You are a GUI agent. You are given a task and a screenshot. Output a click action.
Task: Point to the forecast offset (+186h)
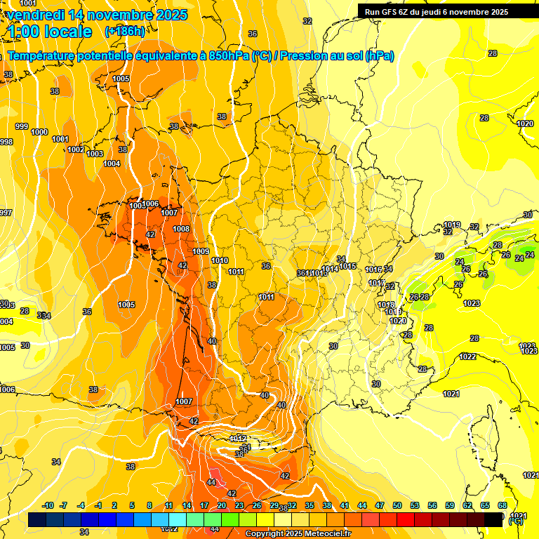pos(124,32)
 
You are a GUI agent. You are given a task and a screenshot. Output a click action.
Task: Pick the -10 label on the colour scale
pos(48,506)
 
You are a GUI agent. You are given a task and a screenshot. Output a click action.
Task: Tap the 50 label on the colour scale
pos(397,506)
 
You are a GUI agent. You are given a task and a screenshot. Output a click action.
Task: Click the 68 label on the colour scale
pos(503,506)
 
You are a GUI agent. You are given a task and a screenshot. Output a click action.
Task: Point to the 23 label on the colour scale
pos(239,506)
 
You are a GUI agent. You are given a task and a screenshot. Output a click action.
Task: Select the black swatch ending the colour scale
pos(494,519)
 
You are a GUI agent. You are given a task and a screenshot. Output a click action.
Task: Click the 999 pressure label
pos(22,126)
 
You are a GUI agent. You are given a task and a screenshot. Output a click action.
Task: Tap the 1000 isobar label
pos(39,132)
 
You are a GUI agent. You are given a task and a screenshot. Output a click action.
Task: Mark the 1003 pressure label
pos(95,154)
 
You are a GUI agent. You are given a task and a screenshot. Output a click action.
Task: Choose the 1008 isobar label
pos(181,229)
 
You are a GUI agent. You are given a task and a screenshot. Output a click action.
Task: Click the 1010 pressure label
pos(220,260)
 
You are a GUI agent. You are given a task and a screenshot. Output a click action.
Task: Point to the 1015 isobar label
pos(348,267)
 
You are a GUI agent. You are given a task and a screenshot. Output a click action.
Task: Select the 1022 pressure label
pos(467,357)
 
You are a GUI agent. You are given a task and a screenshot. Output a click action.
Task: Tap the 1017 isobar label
pos(377,284)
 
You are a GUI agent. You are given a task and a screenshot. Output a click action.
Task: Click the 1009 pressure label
pos(201,251)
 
